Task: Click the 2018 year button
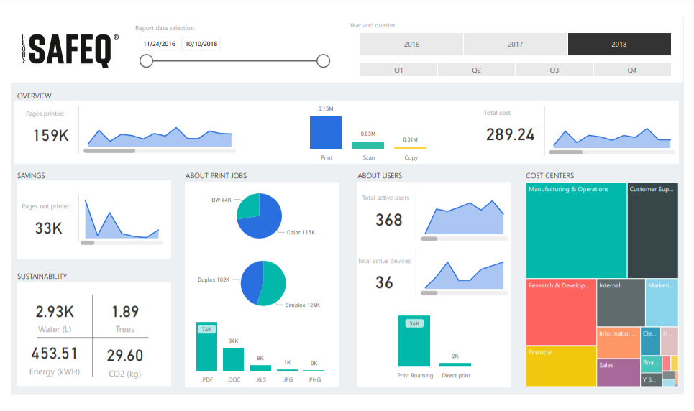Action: [618, 45]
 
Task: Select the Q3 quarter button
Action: [554, 70]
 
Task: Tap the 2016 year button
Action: [411, 45]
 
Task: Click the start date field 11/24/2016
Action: [160, 44]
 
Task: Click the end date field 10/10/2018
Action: [201, 44]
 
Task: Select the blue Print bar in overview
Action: [326, 132]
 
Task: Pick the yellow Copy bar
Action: [410, 147]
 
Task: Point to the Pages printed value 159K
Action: [51, 135]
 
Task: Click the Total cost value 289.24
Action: [510, 134]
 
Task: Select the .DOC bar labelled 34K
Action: [233, 359]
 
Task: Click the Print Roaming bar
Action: [414, 342]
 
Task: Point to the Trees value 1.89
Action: [125, 312]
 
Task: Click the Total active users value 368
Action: [389, 220]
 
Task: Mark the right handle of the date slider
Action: [324, 61]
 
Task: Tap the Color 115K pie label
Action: [301, 232]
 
